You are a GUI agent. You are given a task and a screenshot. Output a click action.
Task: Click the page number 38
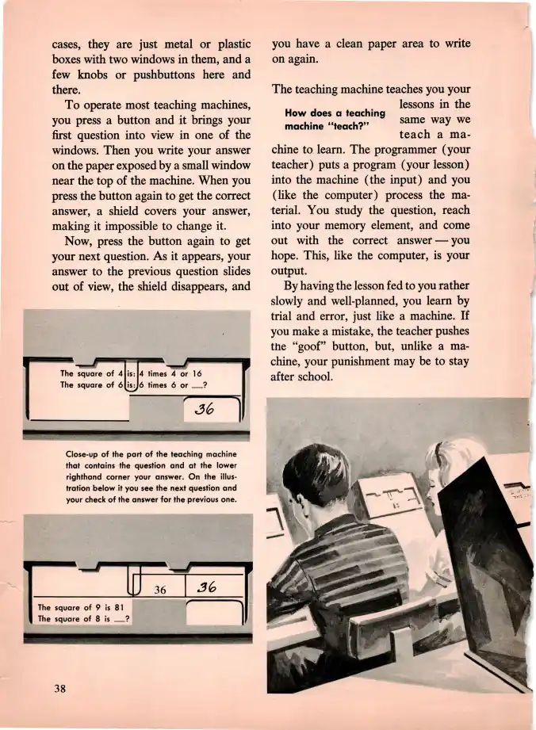[x=59, y=687]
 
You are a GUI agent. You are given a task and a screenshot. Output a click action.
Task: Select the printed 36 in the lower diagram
[x=160, y=590]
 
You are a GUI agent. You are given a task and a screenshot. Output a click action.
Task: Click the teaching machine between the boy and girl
[x=389, y=507]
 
